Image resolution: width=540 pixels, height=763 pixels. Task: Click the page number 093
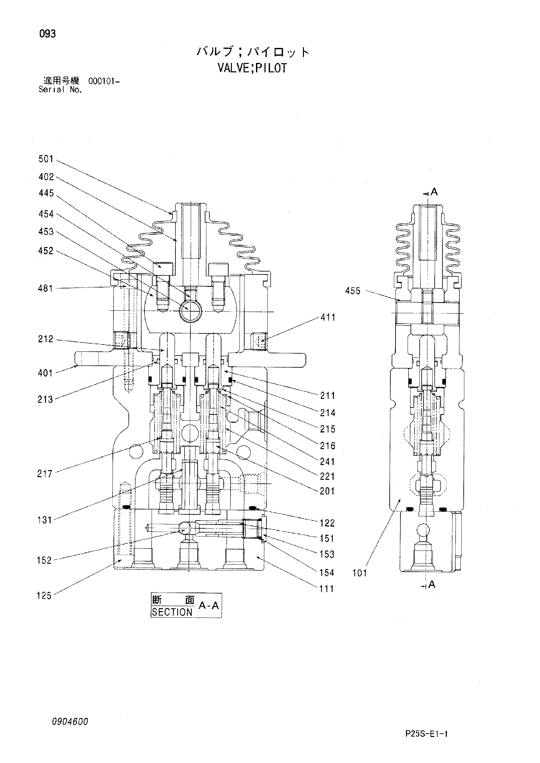(x=48, y=34)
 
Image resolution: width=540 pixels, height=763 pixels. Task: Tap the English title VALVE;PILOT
(x=252, y=68)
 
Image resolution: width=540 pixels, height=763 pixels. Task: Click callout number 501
(x=46, y=159)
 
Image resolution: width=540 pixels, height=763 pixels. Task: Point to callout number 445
(x=46, y=193)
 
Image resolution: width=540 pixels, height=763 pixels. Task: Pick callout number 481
(x=46, y=289)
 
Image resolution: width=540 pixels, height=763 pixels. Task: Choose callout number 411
(x=328, y=317)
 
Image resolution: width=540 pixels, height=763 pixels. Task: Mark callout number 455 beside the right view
(x=353, y=291)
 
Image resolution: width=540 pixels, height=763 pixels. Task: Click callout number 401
(x=46, y=373)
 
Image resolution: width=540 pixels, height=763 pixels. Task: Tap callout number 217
(x=45, y=474)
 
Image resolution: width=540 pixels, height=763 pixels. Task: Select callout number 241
(x=327, y=462)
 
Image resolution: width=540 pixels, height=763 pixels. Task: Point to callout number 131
(x=45, y=520)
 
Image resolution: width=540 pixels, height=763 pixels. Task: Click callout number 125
(x=44, y=595)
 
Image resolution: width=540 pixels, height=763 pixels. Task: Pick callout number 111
(x=326, y=589)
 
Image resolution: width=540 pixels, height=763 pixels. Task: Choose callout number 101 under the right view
(x=360, y=573)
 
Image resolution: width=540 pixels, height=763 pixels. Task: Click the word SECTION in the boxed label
(x=172, y=612)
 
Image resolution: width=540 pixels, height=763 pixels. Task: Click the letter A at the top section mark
(x=434, y=192)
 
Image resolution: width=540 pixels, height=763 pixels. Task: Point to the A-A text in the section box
(x=209, y=606)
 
